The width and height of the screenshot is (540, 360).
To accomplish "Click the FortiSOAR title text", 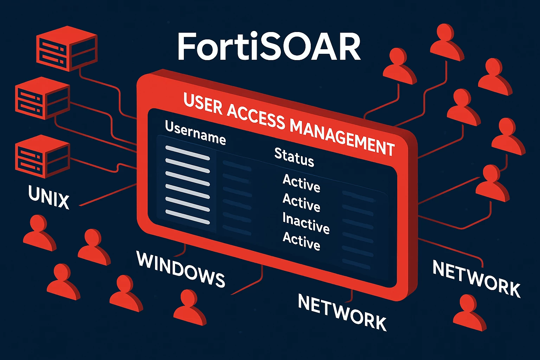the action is click(x=269, y=46).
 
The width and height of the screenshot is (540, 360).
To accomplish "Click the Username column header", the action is click(x=195, y=133).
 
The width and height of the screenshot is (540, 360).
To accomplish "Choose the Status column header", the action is click(x=294, y=157).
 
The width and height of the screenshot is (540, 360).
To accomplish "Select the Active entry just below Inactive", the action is click(x=302, y=241).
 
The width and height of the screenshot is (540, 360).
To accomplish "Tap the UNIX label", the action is click(x=49, y=197).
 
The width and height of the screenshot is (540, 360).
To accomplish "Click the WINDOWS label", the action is click(x=181, y=269).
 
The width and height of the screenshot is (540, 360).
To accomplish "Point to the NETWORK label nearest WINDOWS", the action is click(x=342, y=312).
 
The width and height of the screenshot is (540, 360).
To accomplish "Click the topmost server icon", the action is click(x=67, y=49).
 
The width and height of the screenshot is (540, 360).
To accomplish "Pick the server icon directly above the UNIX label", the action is click(x=43, y=156).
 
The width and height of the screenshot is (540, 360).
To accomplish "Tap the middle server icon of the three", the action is click(x=43, y=98).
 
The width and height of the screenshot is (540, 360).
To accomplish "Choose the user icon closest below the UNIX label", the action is click(x=40, y=233).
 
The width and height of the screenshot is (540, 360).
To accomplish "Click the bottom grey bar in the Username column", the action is click(x=187, y=217).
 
